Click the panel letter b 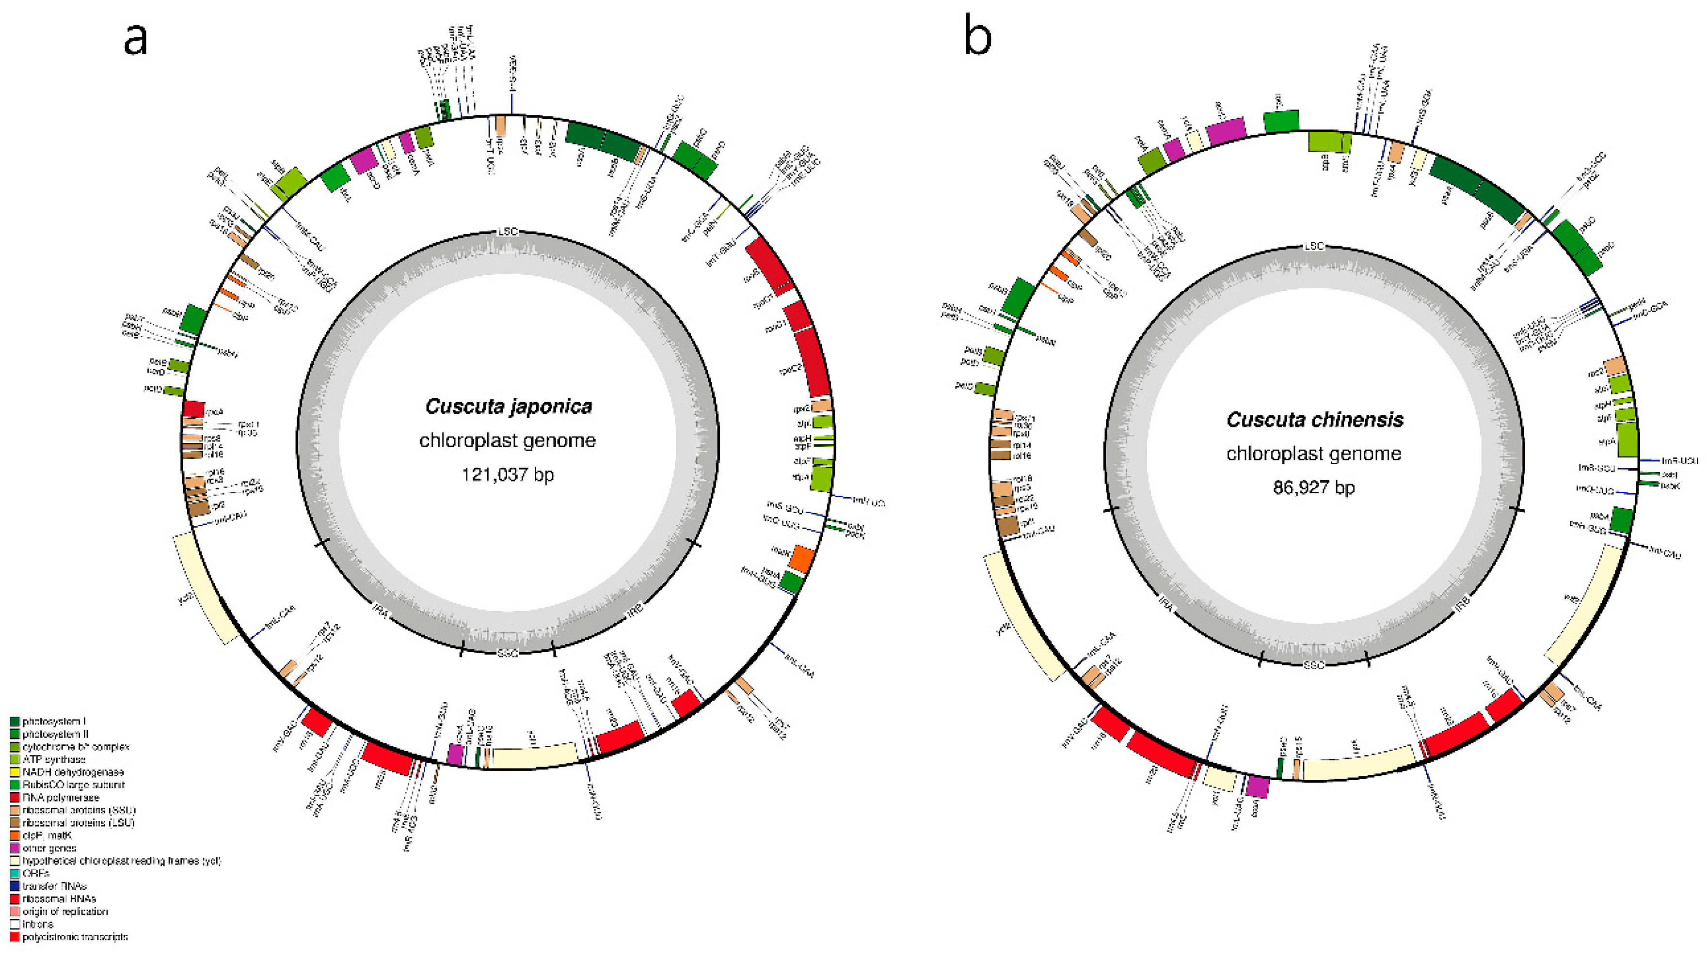click(977, 38)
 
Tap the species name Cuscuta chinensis click(1314, 419)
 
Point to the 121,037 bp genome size click(508, 474)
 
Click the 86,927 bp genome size click(1314, 487)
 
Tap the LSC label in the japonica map click(508, 232)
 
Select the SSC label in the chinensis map click(1314, 664)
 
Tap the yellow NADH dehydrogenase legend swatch click(15, 772)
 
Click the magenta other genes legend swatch click(15, 848)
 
